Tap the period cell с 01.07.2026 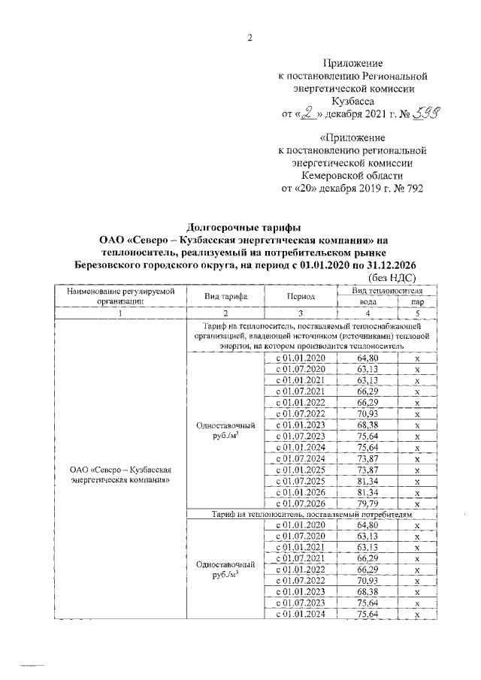tap(300, 504)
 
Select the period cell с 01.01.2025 tap(300, 469)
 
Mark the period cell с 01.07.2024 tap(300, 458)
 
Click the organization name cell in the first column tap(120, 475)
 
